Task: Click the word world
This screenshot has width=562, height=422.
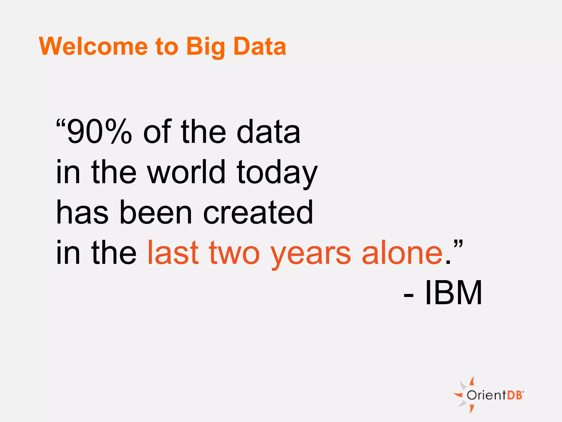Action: (187, 172)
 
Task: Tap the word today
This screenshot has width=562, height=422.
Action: (277, 173)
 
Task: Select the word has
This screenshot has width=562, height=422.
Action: (82, 212)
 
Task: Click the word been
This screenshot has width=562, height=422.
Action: (156, 212)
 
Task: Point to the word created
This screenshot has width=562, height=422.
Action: (258, 212)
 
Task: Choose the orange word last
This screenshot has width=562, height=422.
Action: (173, 252)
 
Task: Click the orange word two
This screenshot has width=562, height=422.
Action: (234, 253)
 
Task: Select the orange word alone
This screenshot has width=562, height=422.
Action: (402, 252)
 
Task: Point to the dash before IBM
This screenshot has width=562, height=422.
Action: (409, 295)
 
